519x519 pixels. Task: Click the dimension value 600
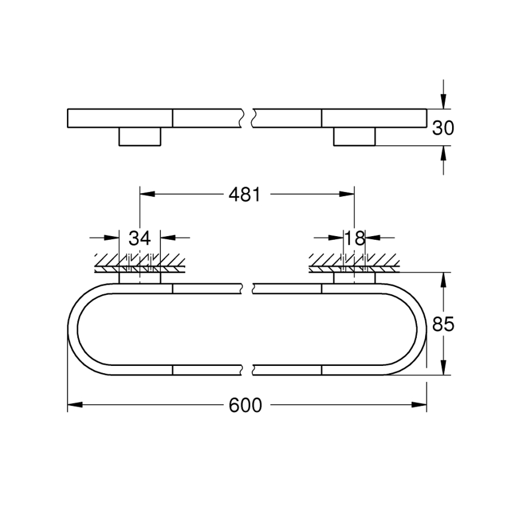[x=245, y=405]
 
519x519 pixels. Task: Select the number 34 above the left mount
[x=139, y=238]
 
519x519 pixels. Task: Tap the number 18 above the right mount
[x=354, y=238]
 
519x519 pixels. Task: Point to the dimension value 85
[x=443, y=324]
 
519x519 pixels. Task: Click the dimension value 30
[x=443, y=128]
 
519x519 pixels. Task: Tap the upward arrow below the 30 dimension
[x=443, y=154]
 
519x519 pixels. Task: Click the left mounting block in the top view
[x=140, y=136]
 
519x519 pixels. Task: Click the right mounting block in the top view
[x=354, y=136]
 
